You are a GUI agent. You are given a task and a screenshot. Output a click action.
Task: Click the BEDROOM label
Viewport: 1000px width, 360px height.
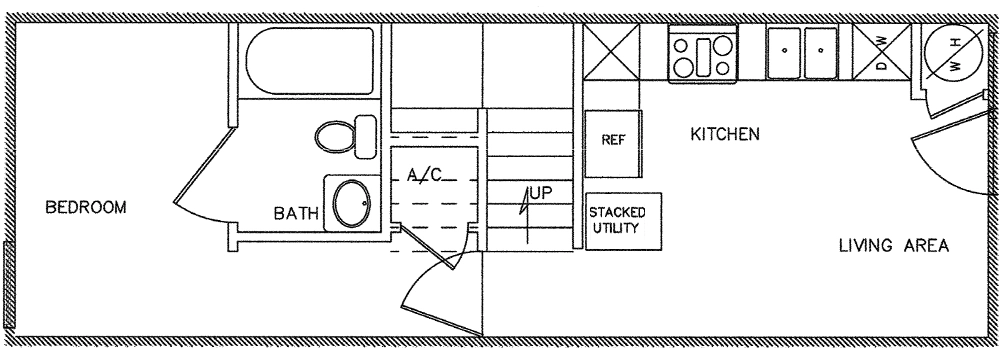click(86, 207)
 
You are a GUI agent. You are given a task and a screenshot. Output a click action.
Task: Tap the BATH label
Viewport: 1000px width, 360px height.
click(296, 213)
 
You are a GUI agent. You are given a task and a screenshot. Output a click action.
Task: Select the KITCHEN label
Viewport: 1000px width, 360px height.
click(725, 134)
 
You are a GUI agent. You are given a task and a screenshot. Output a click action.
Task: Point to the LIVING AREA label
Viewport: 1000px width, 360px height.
click(893, 246)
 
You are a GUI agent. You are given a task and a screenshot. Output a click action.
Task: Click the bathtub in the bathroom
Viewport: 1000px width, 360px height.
click(310, 61)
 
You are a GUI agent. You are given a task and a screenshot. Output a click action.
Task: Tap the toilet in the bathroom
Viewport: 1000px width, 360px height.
click(345, 137)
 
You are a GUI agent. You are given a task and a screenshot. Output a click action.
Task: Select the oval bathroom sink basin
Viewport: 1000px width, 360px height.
click(351, 204)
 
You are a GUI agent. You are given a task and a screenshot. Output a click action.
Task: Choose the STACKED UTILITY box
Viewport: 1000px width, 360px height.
click(623, 221)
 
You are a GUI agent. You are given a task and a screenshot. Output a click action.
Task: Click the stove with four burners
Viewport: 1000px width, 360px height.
click(702, 54)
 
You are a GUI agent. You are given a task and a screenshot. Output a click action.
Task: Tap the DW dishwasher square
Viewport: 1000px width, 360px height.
click(882, 52)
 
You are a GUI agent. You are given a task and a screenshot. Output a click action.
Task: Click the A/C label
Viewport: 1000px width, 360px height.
click(425, 174)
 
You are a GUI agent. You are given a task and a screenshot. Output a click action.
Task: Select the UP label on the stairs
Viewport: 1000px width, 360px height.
click(541, 193)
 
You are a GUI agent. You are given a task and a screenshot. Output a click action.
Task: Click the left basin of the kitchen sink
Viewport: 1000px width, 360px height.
click(784, 53)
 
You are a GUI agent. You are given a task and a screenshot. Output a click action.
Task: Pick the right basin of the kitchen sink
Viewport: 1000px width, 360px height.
click(821, 53)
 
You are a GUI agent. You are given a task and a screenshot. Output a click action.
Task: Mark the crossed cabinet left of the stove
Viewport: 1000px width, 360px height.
click(612, 52)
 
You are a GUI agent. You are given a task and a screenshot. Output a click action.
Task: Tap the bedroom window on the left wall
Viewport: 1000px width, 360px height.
click(8, 285)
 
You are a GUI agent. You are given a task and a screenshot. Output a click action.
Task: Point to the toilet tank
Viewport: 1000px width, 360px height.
click(365, 137)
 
